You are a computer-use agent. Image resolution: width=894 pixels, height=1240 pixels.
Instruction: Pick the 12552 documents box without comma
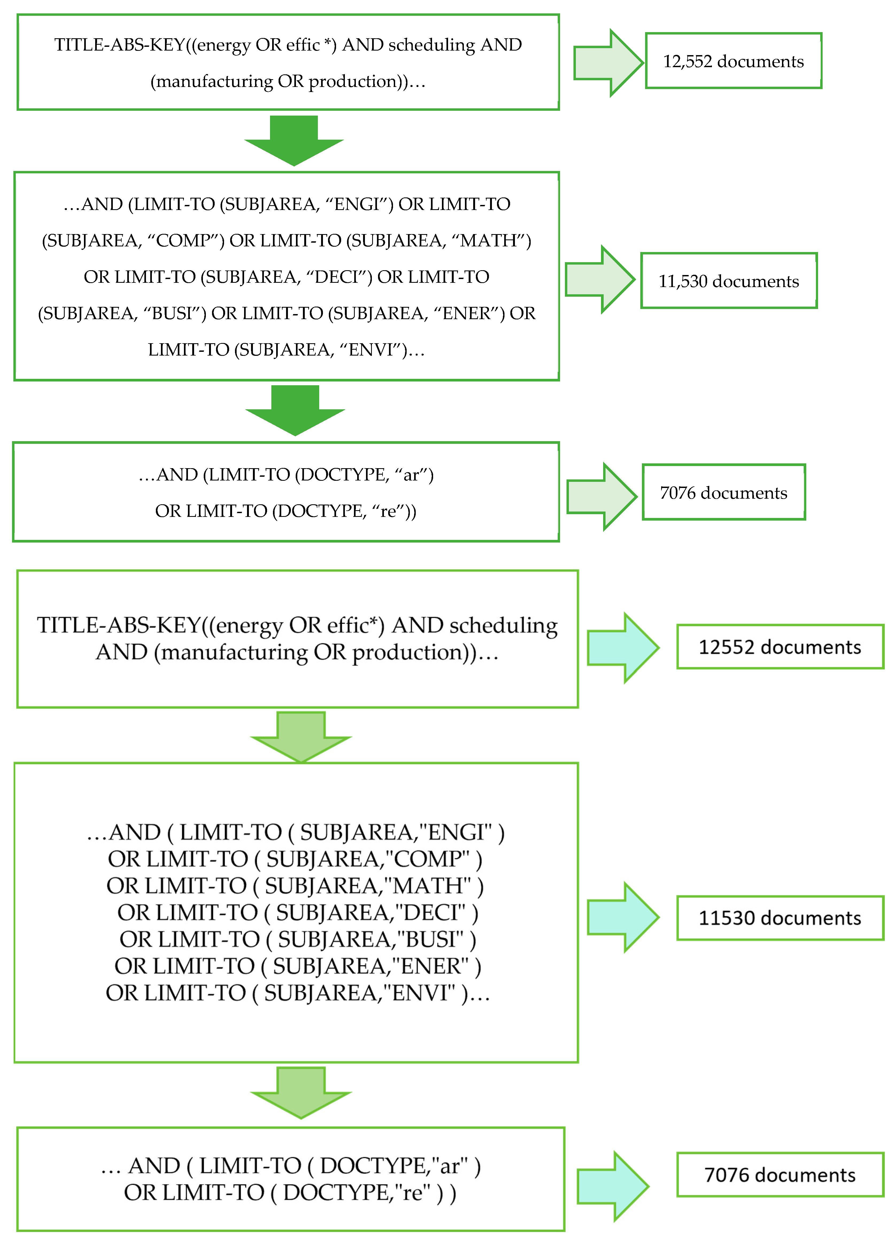pyautogui.click(x=780, y=647)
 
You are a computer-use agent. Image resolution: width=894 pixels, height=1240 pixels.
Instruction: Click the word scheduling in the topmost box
pyautogui.click(x=432, y=45)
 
